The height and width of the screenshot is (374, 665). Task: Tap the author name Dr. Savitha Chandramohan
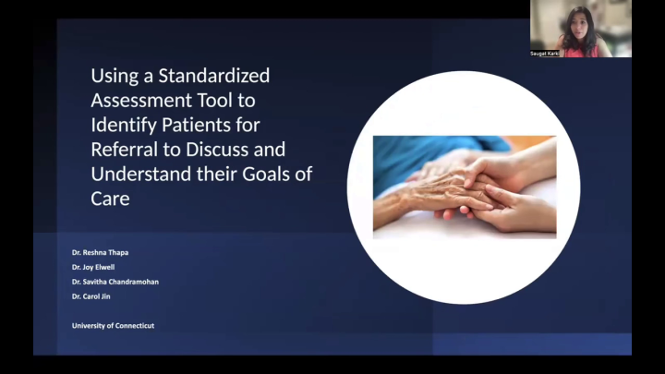[x=115, y=282]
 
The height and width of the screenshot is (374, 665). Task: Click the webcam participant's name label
[x=545, y=54]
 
